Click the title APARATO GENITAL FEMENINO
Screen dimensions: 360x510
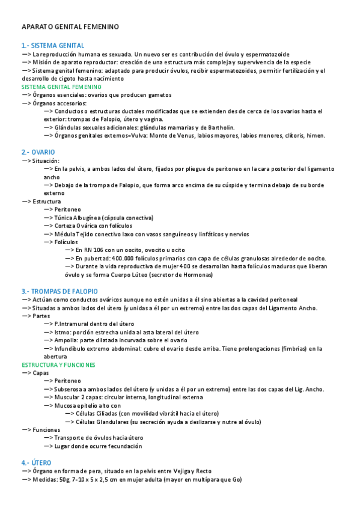(70, 27)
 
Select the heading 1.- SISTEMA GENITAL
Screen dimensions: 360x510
(52, 46)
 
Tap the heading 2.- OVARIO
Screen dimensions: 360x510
(38, 153)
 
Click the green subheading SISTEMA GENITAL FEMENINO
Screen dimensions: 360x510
(61, 87)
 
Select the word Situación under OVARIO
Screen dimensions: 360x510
(47, 161)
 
